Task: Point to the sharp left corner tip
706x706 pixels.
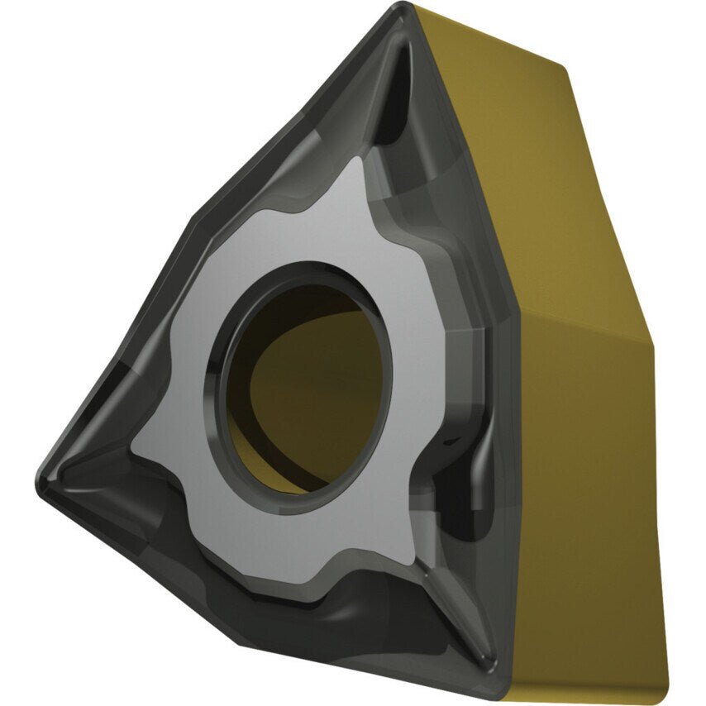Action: coord(41,475)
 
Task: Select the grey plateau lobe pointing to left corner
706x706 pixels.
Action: coord(157,430)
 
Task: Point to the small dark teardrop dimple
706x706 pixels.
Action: coord(454,442)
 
